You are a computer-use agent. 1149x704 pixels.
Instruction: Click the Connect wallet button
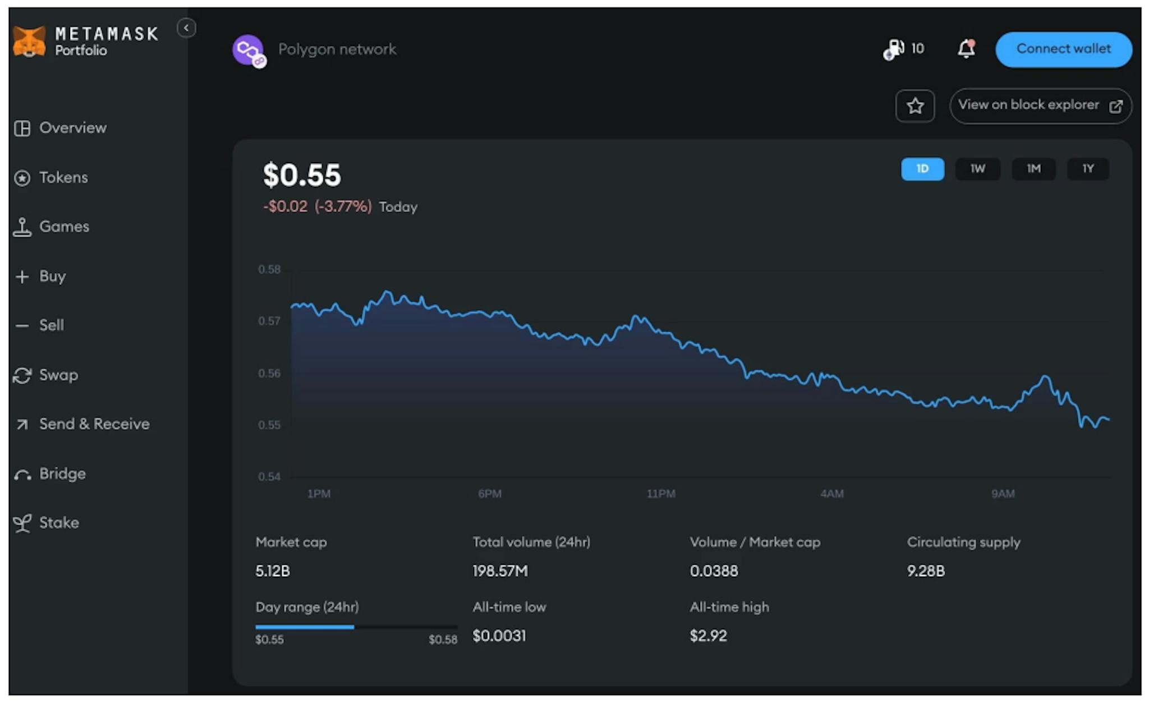(x=1063, y=49)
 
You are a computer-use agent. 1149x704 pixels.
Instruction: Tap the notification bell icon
(x=966, y=49)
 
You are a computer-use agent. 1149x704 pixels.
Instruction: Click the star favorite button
(x=914, y=105)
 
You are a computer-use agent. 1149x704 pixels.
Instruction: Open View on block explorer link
(x=1040, y=105)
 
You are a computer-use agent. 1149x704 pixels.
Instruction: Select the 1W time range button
(x=977, y=169)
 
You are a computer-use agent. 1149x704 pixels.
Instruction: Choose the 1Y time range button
(x=1087, y=169)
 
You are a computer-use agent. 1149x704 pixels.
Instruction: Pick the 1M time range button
(x=1033, y=169)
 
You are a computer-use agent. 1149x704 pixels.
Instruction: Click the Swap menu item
(x=58, y=375)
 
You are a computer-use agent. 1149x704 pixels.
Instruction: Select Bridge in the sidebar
(x=62, y=473)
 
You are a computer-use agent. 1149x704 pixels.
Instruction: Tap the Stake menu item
(x=58, y=523)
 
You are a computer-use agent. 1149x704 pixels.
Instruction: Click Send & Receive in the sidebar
(x=94, y=424)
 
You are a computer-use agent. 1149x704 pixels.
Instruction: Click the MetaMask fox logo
(x=29, y=42)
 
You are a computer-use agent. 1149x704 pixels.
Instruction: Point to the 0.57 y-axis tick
(x=269, y=321)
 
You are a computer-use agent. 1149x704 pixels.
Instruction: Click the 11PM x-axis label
(x=660, y=494)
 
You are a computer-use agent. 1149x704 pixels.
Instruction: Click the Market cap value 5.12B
(x=273, y=571)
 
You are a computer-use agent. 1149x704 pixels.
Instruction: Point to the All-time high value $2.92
(x=708, y=636)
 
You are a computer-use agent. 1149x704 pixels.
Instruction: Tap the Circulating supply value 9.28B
(x=926, y=571)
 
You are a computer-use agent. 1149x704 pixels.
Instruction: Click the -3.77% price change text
(x=343, y=206)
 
